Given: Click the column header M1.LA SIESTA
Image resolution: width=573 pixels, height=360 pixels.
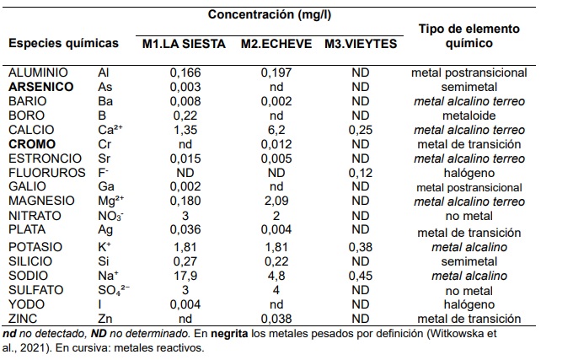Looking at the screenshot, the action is click(x=184, y=44).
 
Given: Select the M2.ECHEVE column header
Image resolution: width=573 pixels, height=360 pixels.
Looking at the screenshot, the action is click(x=276, y=44).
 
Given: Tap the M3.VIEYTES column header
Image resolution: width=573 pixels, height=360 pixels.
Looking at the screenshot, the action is click(x=361, y=44).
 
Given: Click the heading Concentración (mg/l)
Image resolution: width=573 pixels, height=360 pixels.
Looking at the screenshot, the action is click(x=270, y=14).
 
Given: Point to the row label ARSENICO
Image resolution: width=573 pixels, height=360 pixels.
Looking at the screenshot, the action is click(x=41, y=87).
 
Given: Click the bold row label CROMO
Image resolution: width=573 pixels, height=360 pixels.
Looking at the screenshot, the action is click(x=32, y=144).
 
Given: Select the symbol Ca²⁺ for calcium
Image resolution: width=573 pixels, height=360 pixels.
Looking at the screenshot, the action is click(x=110, y=130).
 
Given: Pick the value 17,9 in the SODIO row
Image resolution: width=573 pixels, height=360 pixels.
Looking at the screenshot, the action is click(x=185, y=276).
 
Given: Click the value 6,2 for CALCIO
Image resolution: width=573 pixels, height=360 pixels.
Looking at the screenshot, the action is click(x=276, y=130).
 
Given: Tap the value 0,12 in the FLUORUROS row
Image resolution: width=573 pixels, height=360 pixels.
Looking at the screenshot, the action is click(x=361, y=173).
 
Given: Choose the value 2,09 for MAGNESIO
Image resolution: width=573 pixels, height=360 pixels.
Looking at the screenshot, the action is click(x=276, y=201).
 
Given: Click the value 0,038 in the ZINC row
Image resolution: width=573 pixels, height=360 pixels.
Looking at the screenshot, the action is click(x=276, y=319).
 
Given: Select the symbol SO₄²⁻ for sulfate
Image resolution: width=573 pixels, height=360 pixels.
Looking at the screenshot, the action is click(x=114, y=290).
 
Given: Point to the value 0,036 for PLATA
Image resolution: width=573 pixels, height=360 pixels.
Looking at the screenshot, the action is click(x=185, y=229).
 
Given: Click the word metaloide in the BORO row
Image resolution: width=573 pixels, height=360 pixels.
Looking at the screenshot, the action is click(x=469, y=116).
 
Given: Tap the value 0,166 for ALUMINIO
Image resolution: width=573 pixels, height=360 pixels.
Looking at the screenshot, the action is click(x=185, y=73).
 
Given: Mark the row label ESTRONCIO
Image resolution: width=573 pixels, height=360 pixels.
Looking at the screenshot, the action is click(x=45, y=159).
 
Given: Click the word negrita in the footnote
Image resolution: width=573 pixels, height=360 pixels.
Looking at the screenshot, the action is click(x=229, y=333).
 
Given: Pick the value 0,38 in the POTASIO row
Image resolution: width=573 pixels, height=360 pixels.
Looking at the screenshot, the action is click(x=361, y=247).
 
